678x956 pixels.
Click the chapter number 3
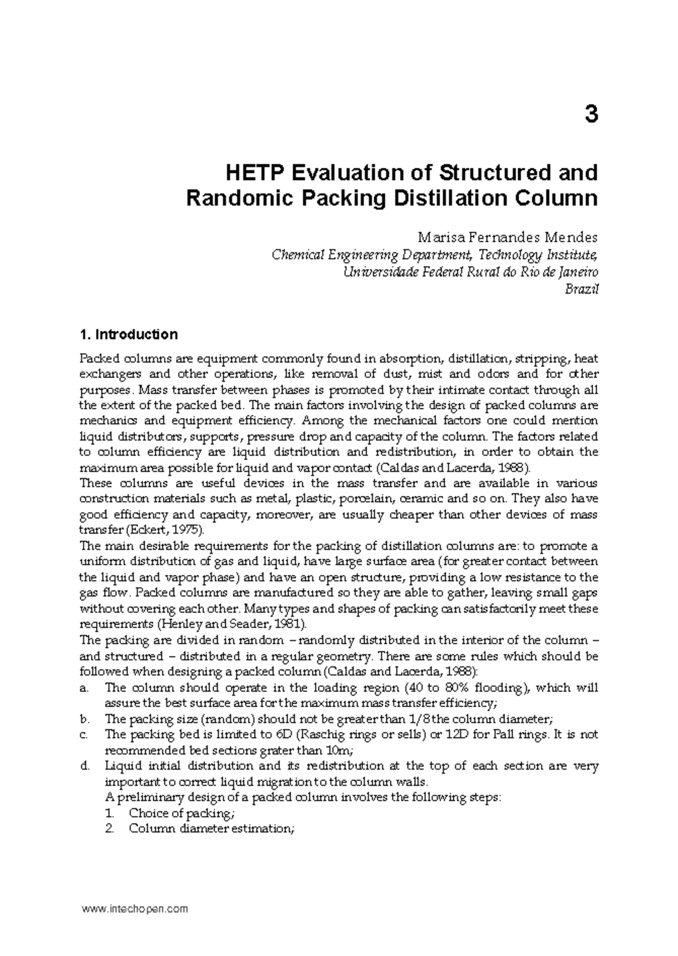click(x=590, y=115)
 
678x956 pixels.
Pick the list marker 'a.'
click(x=85, y=688)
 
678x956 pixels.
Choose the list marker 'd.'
click(x=85, y=766)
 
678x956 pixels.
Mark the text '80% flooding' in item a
click(x=486, y=688)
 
